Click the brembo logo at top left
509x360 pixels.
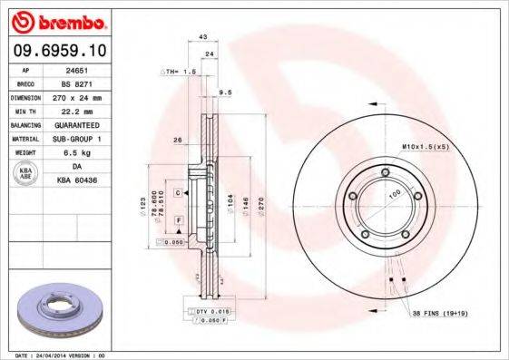tap(58, 20)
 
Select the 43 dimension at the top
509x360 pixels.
tap(203, 36)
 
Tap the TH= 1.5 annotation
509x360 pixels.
tap(178, 71)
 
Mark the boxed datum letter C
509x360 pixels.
tap(178, 193)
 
